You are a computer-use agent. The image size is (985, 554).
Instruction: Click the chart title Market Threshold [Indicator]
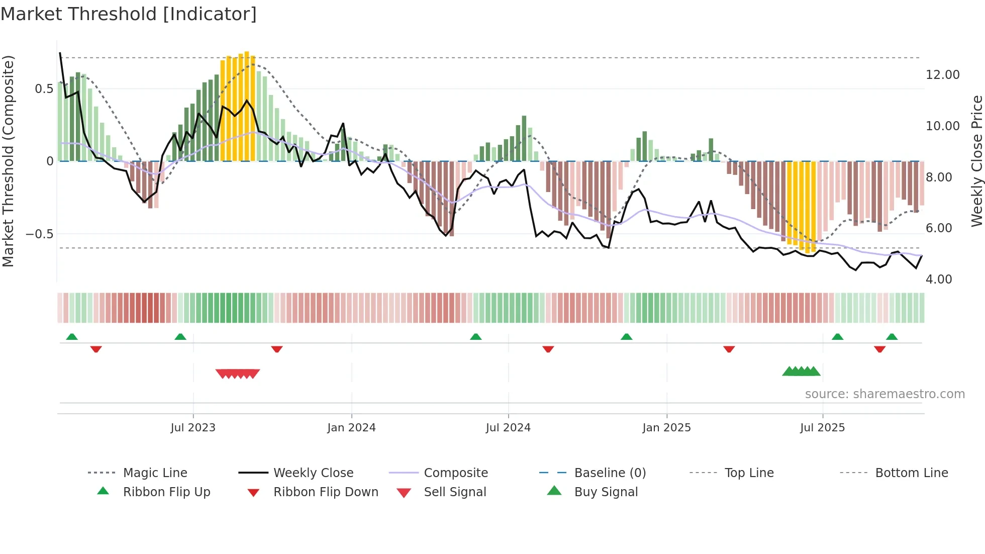[129, 14]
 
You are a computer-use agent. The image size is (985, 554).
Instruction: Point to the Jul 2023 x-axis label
[193, 427]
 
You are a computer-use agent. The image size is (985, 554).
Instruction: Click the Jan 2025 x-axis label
[666, 427]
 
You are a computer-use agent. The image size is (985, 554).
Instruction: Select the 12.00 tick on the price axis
[942, 74]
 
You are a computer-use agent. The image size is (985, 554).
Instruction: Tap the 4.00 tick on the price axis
[938, 279]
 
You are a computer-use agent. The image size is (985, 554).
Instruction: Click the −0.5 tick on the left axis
[40, 234]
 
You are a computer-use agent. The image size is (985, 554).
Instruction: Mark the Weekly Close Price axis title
[976, 161]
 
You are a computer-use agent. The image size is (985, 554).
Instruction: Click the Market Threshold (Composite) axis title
[8, 161]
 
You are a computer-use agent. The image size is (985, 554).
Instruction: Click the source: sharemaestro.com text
[884, 394]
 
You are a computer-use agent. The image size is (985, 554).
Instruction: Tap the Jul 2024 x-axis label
[508, 427]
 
